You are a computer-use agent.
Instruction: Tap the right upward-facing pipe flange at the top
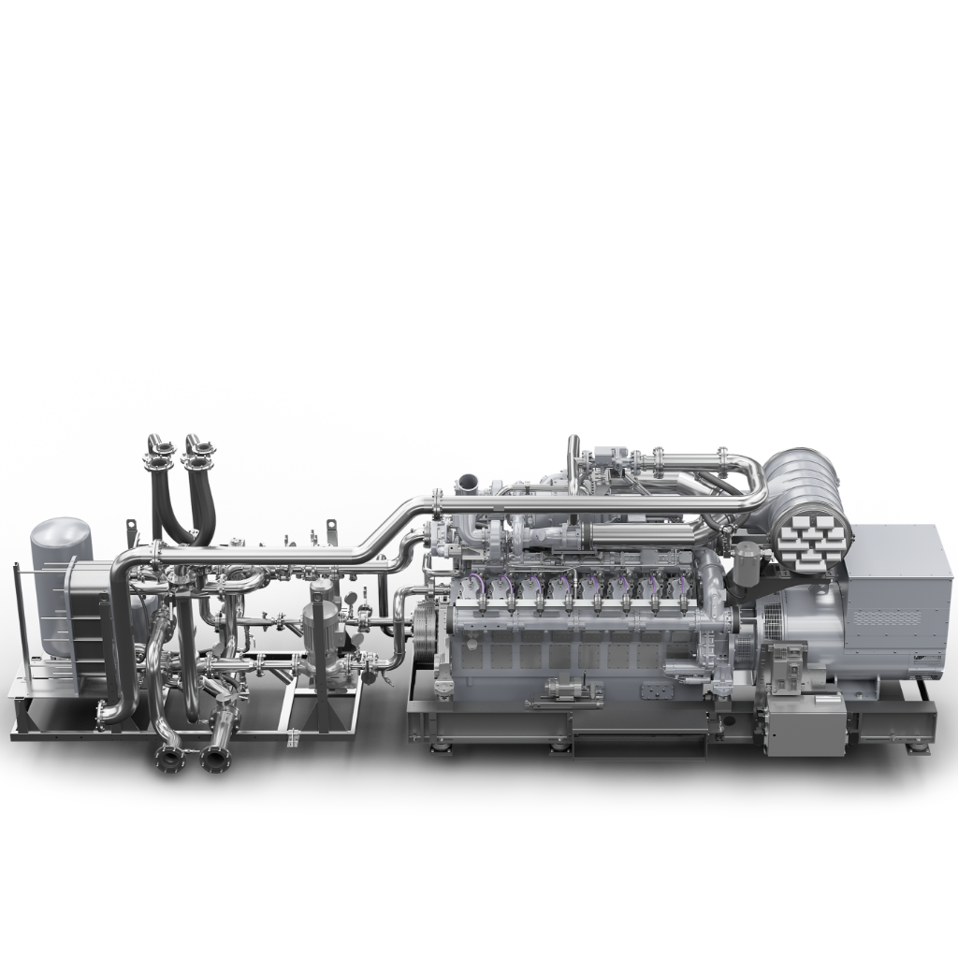(196, 460)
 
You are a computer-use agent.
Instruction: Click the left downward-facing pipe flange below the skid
(170, 761)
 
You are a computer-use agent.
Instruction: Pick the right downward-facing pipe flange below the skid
(216, 758)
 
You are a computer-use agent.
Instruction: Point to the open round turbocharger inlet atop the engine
(465, 484)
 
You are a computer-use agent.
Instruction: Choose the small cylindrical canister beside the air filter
(746, 561)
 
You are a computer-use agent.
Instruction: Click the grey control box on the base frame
(806, 725)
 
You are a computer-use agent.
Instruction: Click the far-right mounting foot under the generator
(913, 749)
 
